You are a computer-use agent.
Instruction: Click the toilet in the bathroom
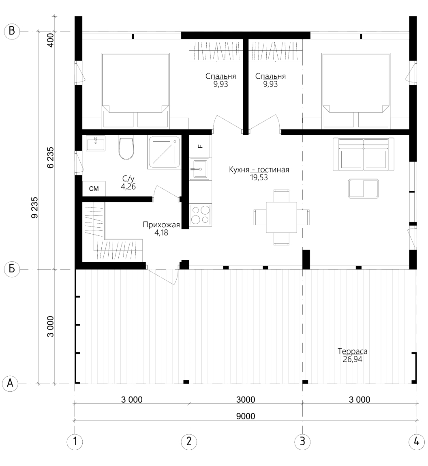(126, 148)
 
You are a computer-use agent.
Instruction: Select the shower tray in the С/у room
(164, 153)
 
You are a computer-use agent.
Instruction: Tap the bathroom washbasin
(95, 143)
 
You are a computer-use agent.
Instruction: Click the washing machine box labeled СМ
(94, 189)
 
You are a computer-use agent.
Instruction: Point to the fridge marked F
(200, 146)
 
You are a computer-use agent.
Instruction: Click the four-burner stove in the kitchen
(200, 215)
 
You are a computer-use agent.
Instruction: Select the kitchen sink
(199, 169)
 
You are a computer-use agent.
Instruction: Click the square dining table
(281, 217)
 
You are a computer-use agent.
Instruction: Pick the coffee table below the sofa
(364, 188)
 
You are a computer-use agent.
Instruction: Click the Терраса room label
(353, 351)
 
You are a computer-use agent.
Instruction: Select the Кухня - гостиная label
(259, 170)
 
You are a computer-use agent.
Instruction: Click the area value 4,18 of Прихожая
(161, 233)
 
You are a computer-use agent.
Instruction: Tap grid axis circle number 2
(189, 442)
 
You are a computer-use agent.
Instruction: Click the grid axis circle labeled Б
(12, 269)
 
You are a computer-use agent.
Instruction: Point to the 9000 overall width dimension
(246, 416)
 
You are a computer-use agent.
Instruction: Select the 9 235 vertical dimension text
(35, 207)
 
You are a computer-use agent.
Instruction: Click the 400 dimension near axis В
(50, 40)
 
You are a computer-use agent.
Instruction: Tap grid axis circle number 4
(416, 442)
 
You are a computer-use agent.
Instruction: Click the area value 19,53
(259, 178)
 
